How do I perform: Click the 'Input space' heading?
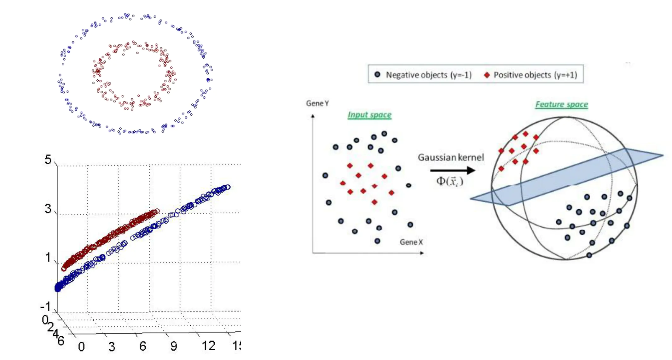369,115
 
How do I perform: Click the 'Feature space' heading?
561,104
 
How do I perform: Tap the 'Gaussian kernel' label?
450,157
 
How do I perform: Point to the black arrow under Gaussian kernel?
453,171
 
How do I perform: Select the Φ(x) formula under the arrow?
449,181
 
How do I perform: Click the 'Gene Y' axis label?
317,103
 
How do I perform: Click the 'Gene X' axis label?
411,242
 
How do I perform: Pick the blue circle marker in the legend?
377,75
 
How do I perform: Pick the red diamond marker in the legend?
487,75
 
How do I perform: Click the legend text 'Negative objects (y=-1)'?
429,75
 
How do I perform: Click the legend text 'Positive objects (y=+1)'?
535,75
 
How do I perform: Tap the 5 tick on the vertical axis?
48,160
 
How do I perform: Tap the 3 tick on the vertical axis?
48,208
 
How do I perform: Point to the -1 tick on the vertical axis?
46,306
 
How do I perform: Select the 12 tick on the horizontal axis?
208,346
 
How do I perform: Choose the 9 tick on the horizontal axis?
174,346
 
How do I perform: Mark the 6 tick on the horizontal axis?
143,346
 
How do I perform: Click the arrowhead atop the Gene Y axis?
313,116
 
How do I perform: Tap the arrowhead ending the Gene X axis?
422,253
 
